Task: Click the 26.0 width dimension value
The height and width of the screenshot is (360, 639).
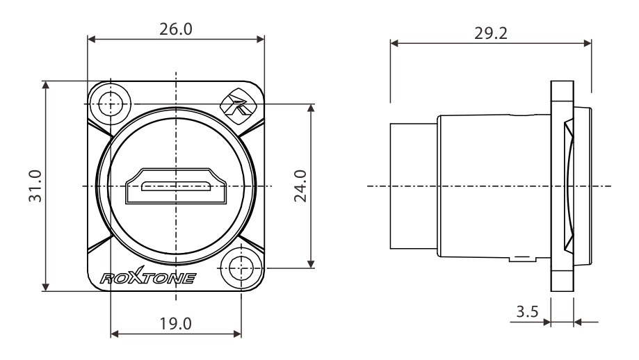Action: coord(176,29)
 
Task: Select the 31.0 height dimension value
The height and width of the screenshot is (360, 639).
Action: coord(35,186)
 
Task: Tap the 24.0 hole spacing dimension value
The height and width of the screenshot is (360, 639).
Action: coord(300,186)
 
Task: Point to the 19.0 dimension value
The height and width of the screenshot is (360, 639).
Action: coord(176,324)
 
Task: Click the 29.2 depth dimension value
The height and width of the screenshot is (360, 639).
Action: coord(491,33)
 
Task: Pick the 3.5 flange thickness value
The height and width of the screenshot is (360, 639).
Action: coord(527,311)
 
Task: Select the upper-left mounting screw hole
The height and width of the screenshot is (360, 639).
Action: coord(111,104)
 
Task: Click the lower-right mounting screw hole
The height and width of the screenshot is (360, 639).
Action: coord(241,268)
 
